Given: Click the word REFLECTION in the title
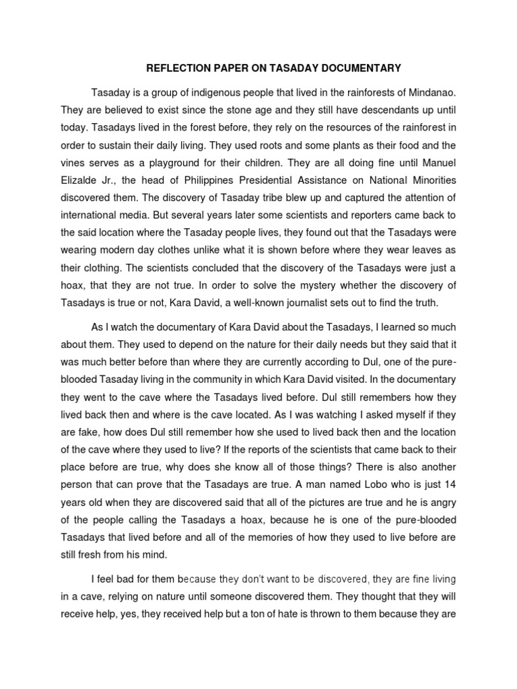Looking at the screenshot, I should pyautogui.click(x=176, y=68).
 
